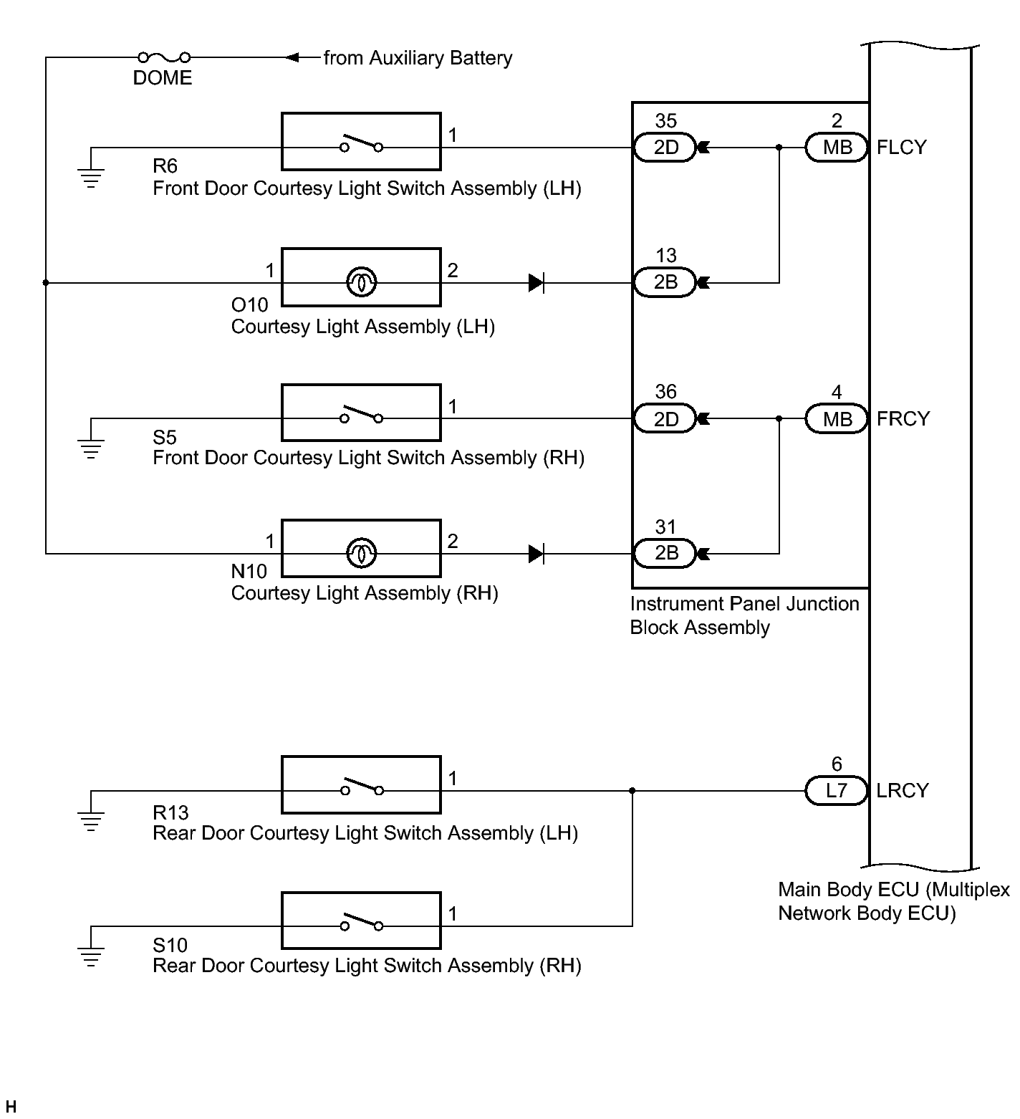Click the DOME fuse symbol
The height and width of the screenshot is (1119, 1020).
164,57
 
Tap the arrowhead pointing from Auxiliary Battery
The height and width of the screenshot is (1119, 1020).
292,57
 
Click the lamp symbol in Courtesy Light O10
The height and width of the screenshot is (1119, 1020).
362,282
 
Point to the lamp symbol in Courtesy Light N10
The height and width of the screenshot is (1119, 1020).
362,553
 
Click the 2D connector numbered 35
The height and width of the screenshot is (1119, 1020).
665,148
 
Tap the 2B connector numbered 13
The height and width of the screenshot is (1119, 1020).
665,282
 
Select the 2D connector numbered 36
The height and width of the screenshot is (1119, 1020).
665,418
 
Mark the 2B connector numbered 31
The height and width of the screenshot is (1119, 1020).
665,553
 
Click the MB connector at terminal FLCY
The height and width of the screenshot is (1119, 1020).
837,148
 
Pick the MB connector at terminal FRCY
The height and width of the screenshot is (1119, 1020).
837,418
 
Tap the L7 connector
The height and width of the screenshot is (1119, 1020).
837,791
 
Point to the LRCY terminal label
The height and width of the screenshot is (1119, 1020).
903,791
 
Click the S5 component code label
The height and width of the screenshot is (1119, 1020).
165,437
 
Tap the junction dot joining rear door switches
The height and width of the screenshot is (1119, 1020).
632,791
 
